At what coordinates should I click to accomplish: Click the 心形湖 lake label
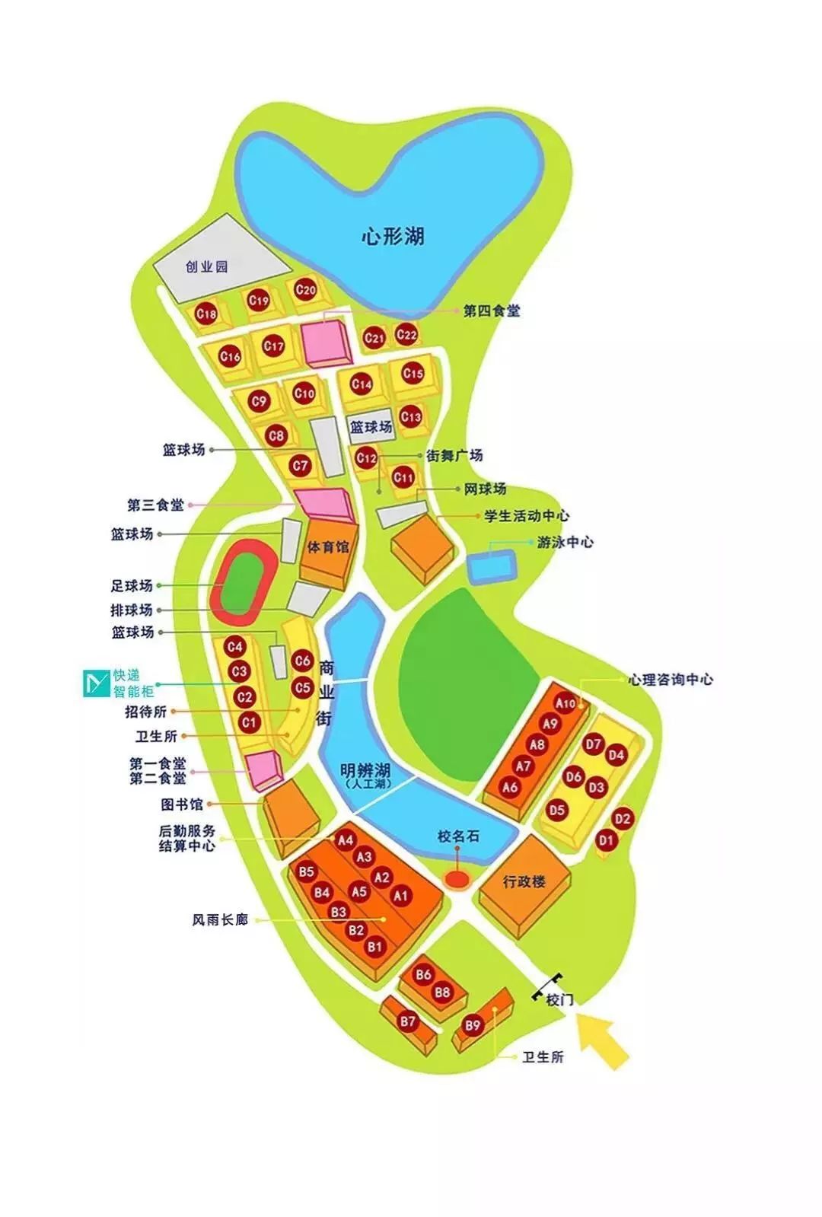click(393, 236)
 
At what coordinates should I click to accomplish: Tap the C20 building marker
click(305, 290)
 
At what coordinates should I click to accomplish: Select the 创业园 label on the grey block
click(207, 267)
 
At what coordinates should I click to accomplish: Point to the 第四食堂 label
click(492, 311)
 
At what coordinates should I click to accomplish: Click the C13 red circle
click(410, 416)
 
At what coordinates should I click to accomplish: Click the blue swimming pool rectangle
click(491, 565)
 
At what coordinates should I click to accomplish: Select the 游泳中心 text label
click(566, 543)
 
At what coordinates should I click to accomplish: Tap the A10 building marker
click(566, 703)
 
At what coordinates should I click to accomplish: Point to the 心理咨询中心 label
click(671, 679)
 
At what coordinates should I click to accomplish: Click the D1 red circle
click(606, 841)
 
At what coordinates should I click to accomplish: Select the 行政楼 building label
click(525, 881)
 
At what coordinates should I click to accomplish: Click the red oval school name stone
click(457, 880)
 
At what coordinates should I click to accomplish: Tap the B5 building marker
click(307, 871)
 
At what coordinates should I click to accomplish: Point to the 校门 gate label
click(559, 1000)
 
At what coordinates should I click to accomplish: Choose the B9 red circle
click(473, 1025)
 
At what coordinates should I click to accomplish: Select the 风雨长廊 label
click(220, 920)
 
